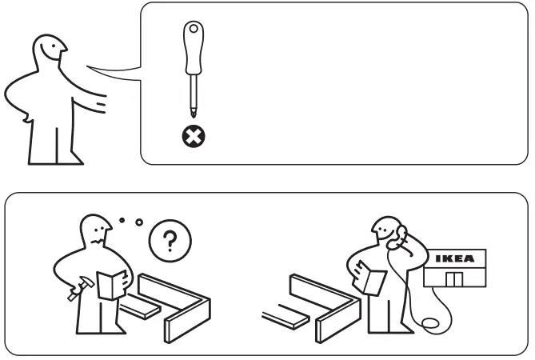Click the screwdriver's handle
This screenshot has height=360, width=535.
coord(193,50)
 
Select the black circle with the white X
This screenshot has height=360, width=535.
coord(193,138)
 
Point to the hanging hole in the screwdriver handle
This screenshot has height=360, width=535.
coord(193,30)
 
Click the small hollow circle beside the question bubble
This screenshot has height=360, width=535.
coord(138,222)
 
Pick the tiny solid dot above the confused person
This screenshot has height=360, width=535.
coord(121,218)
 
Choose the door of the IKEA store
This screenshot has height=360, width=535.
coord(454,280)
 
